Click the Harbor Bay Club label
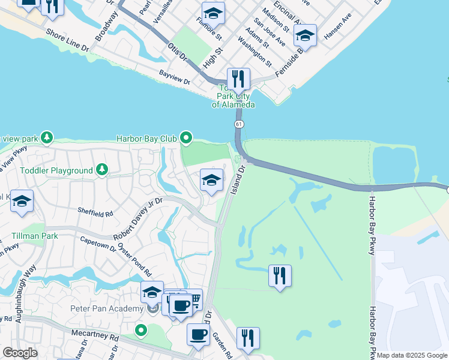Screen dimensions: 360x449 pos(146,139)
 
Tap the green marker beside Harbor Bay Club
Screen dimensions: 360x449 pos(186,139)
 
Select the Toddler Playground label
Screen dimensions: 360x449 pos(56,170)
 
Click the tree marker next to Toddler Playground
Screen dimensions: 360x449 pos(102,170)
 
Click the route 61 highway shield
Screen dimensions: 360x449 pos(239,124)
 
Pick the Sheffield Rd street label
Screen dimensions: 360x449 pos(95,213)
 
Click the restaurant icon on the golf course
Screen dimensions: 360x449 pos(280,276)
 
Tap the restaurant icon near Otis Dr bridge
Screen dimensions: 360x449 pos(238,79)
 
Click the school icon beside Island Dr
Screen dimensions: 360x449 pos(211,180)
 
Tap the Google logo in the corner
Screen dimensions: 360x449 pos(20,353)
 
